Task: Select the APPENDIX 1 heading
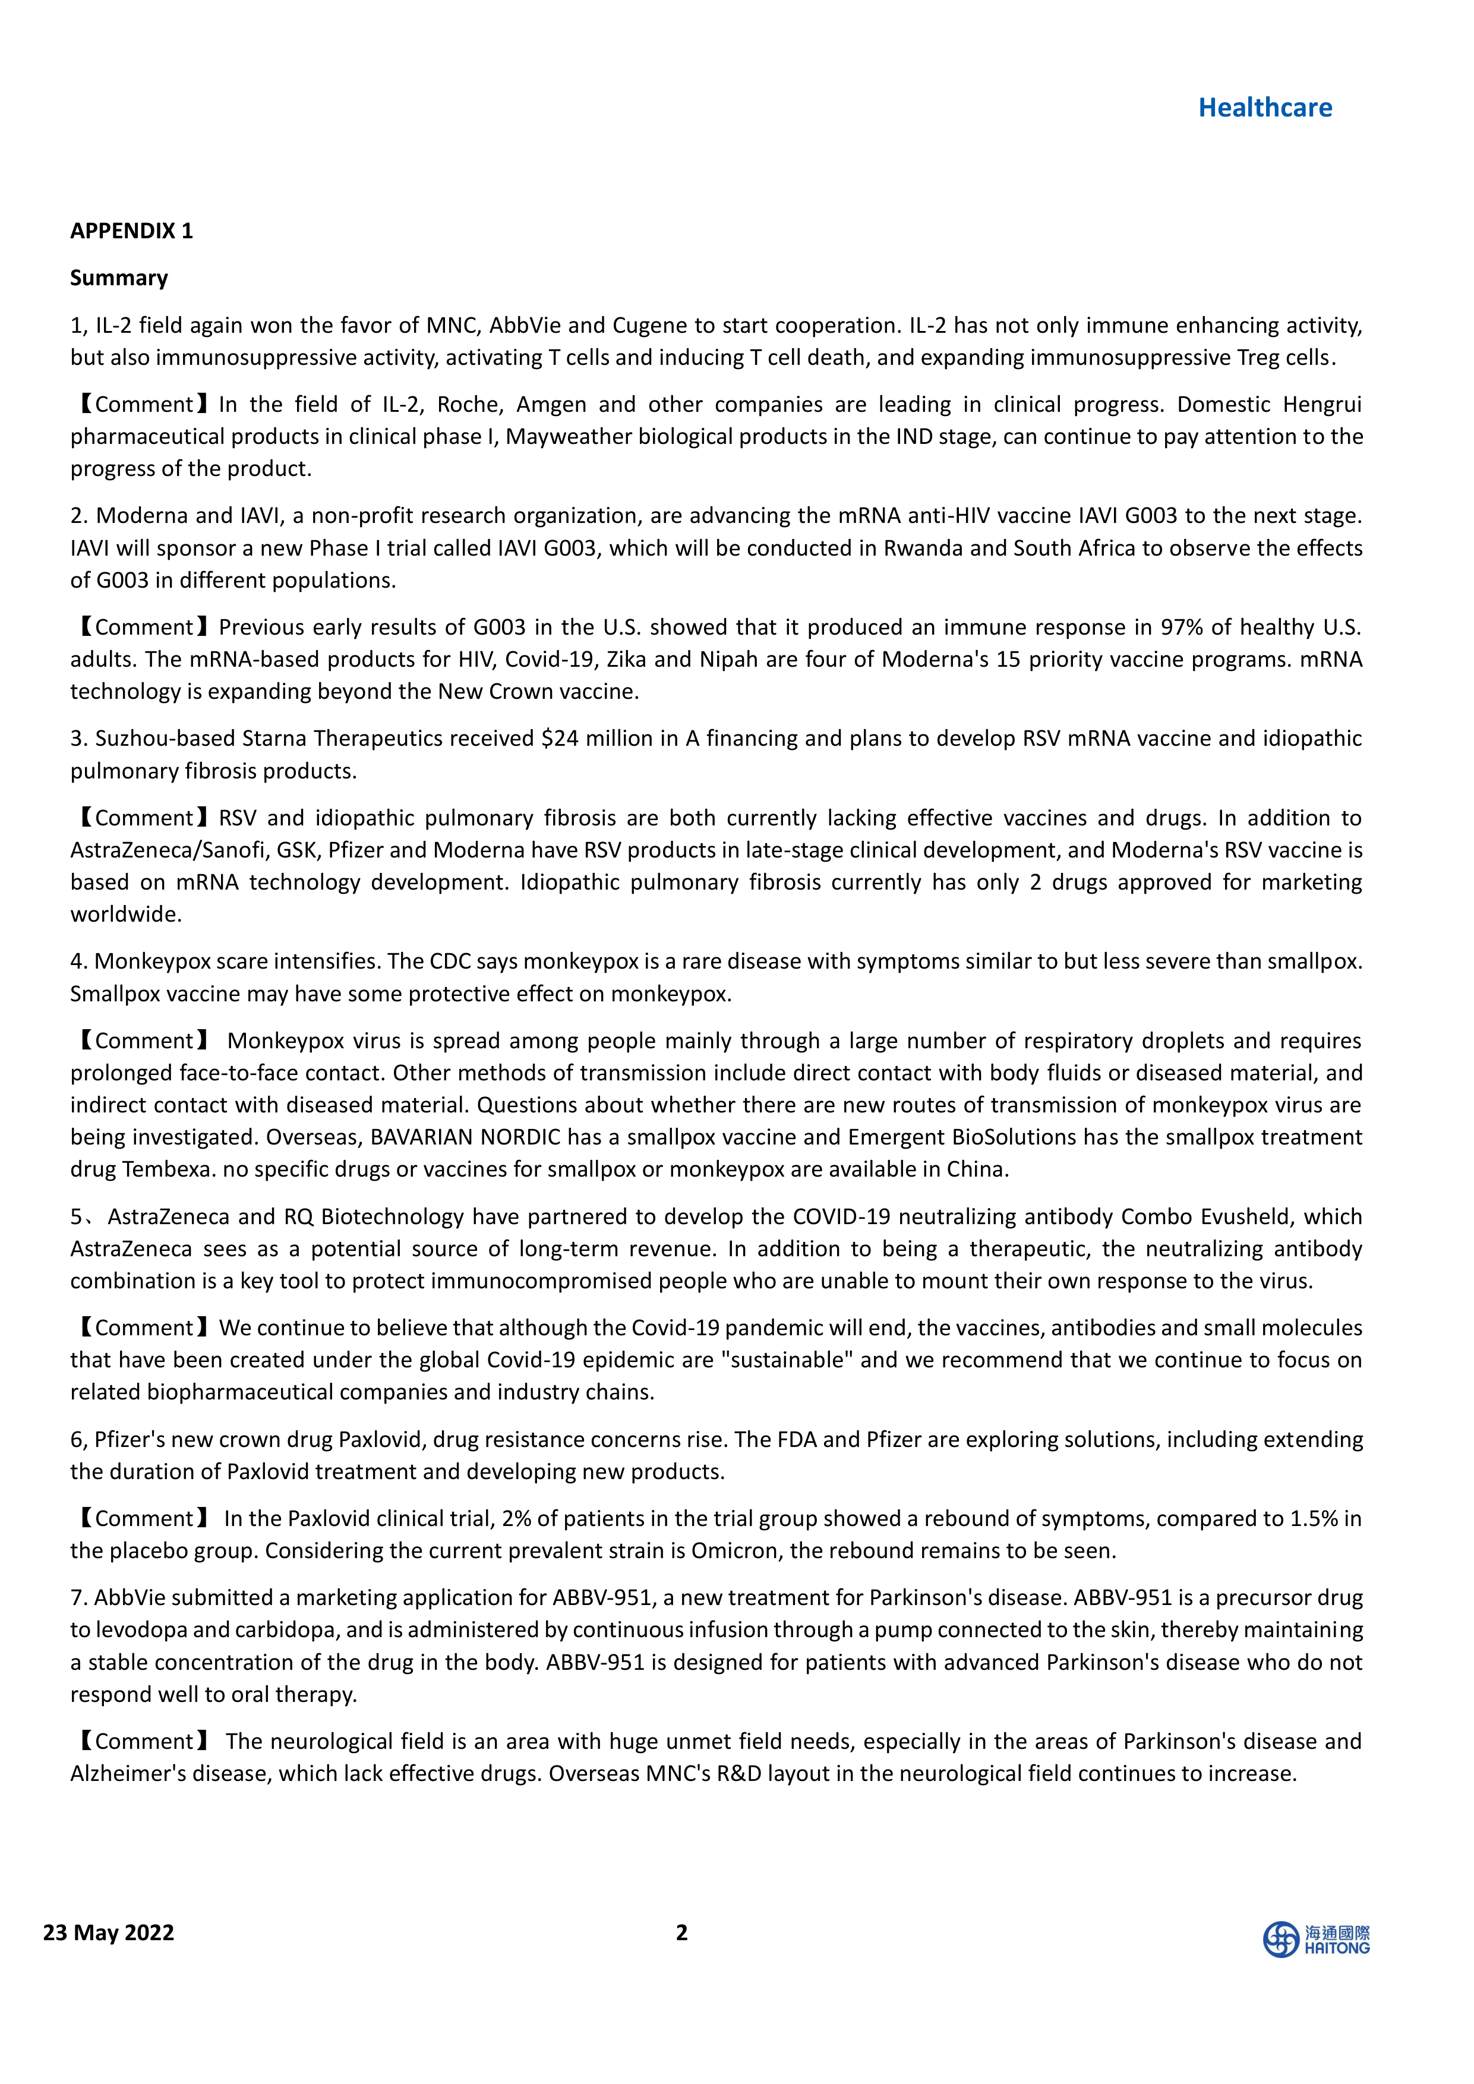click(x=132, y=231)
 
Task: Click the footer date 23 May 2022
click(x=108, y=1932)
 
